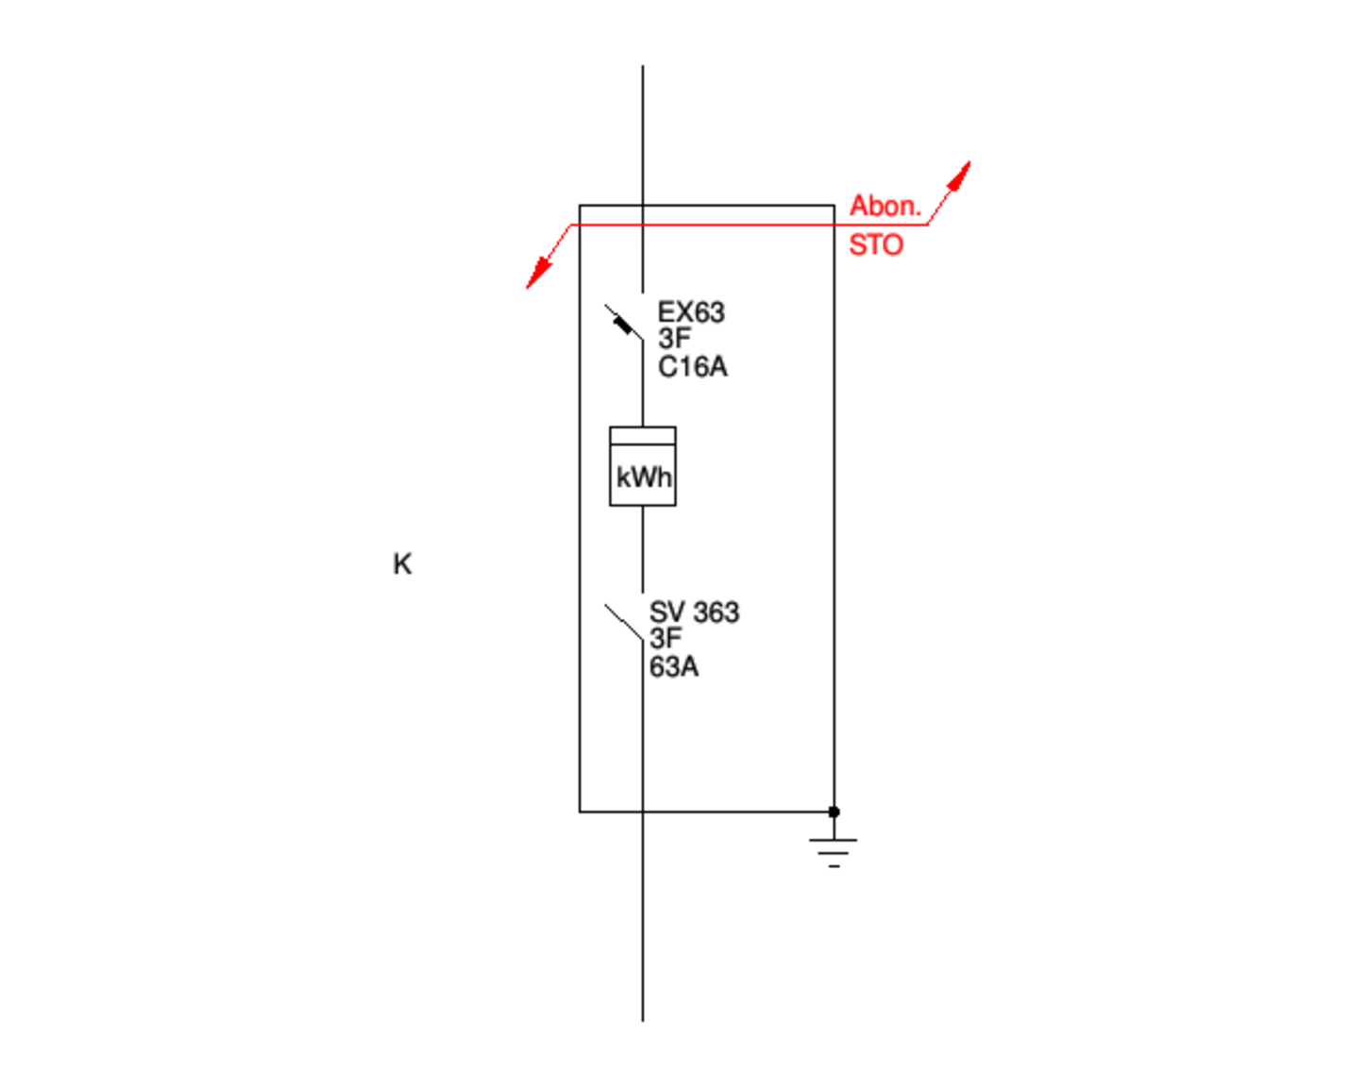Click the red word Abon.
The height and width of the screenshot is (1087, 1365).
click(x=885, y=206)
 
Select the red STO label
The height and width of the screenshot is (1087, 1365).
click(x=876, y=245)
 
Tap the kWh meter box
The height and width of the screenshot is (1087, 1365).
click(x=643, y=476)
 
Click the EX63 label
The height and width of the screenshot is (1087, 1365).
click(x=691, y=312)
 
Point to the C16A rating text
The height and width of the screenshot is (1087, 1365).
click(x=693, y=367)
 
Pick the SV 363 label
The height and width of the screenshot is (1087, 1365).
click(x=694, y=612)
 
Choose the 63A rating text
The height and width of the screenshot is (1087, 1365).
click(x=674, y=667)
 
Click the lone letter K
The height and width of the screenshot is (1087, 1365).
click(x=402, y=564)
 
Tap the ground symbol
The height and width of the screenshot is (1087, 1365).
click(x=834, y=849)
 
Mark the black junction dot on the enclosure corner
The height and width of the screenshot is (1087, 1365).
click(x=834, y=811)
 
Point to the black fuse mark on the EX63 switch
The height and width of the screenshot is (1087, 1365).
click(x=623, y=326)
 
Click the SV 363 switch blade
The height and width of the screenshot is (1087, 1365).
click(x=623, y=623)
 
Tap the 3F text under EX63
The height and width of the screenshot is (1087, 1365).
click(x=674, y=339)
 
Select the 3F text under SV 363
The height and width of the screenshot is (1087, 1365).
click(x=666, y=639)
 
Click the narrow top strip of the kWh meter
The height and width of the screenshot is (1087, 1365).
click(x=643, y=435)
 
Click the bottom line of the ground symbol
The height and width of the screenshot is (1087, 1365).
click(x=834, y=865)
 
